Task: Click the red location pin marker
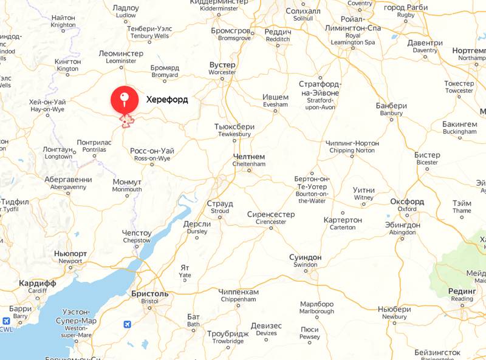pyautogui.click(x=124, y=100)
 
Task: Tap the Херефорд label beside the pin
pyautogui.click(x=167, y=100)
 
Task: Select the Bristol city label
pyautogui.click(x=149, y=297)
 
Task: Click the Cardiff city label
pyautogui.click(x=38, y=287)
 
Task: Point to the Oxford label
pyautogui.click(x=407, y=205)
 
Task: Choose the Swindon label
pyautogui.click(x=305, y=261)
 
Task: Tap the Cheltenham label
pyautogui.click(x=249, y=160)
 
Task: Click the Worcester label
pyautogui.click(x=222, y=68)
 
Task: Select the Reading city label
pyautogui.click(x=462, y=294)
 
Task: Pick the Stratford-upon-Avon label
pyautogui.click(x=320, y=95)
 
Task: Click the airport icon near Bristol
pyautogui.click(x=126, y=324)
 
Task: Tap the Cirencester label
pyautogui.click(x=270, y=218)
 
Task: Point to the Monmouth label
pyautogui.click(x=127, y=185)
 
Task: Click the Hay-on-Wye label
pyautogui.click(x=47, y=106)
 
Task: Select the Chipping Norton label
pyautogui.click(x=352, y=146)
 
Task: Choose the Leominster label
pyautogui.click(x=121, y=57)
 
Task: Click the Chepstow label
pyautogui.click(x=137, y=236)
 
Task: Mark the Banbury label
pyautogui.click(x=392, y=109)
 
